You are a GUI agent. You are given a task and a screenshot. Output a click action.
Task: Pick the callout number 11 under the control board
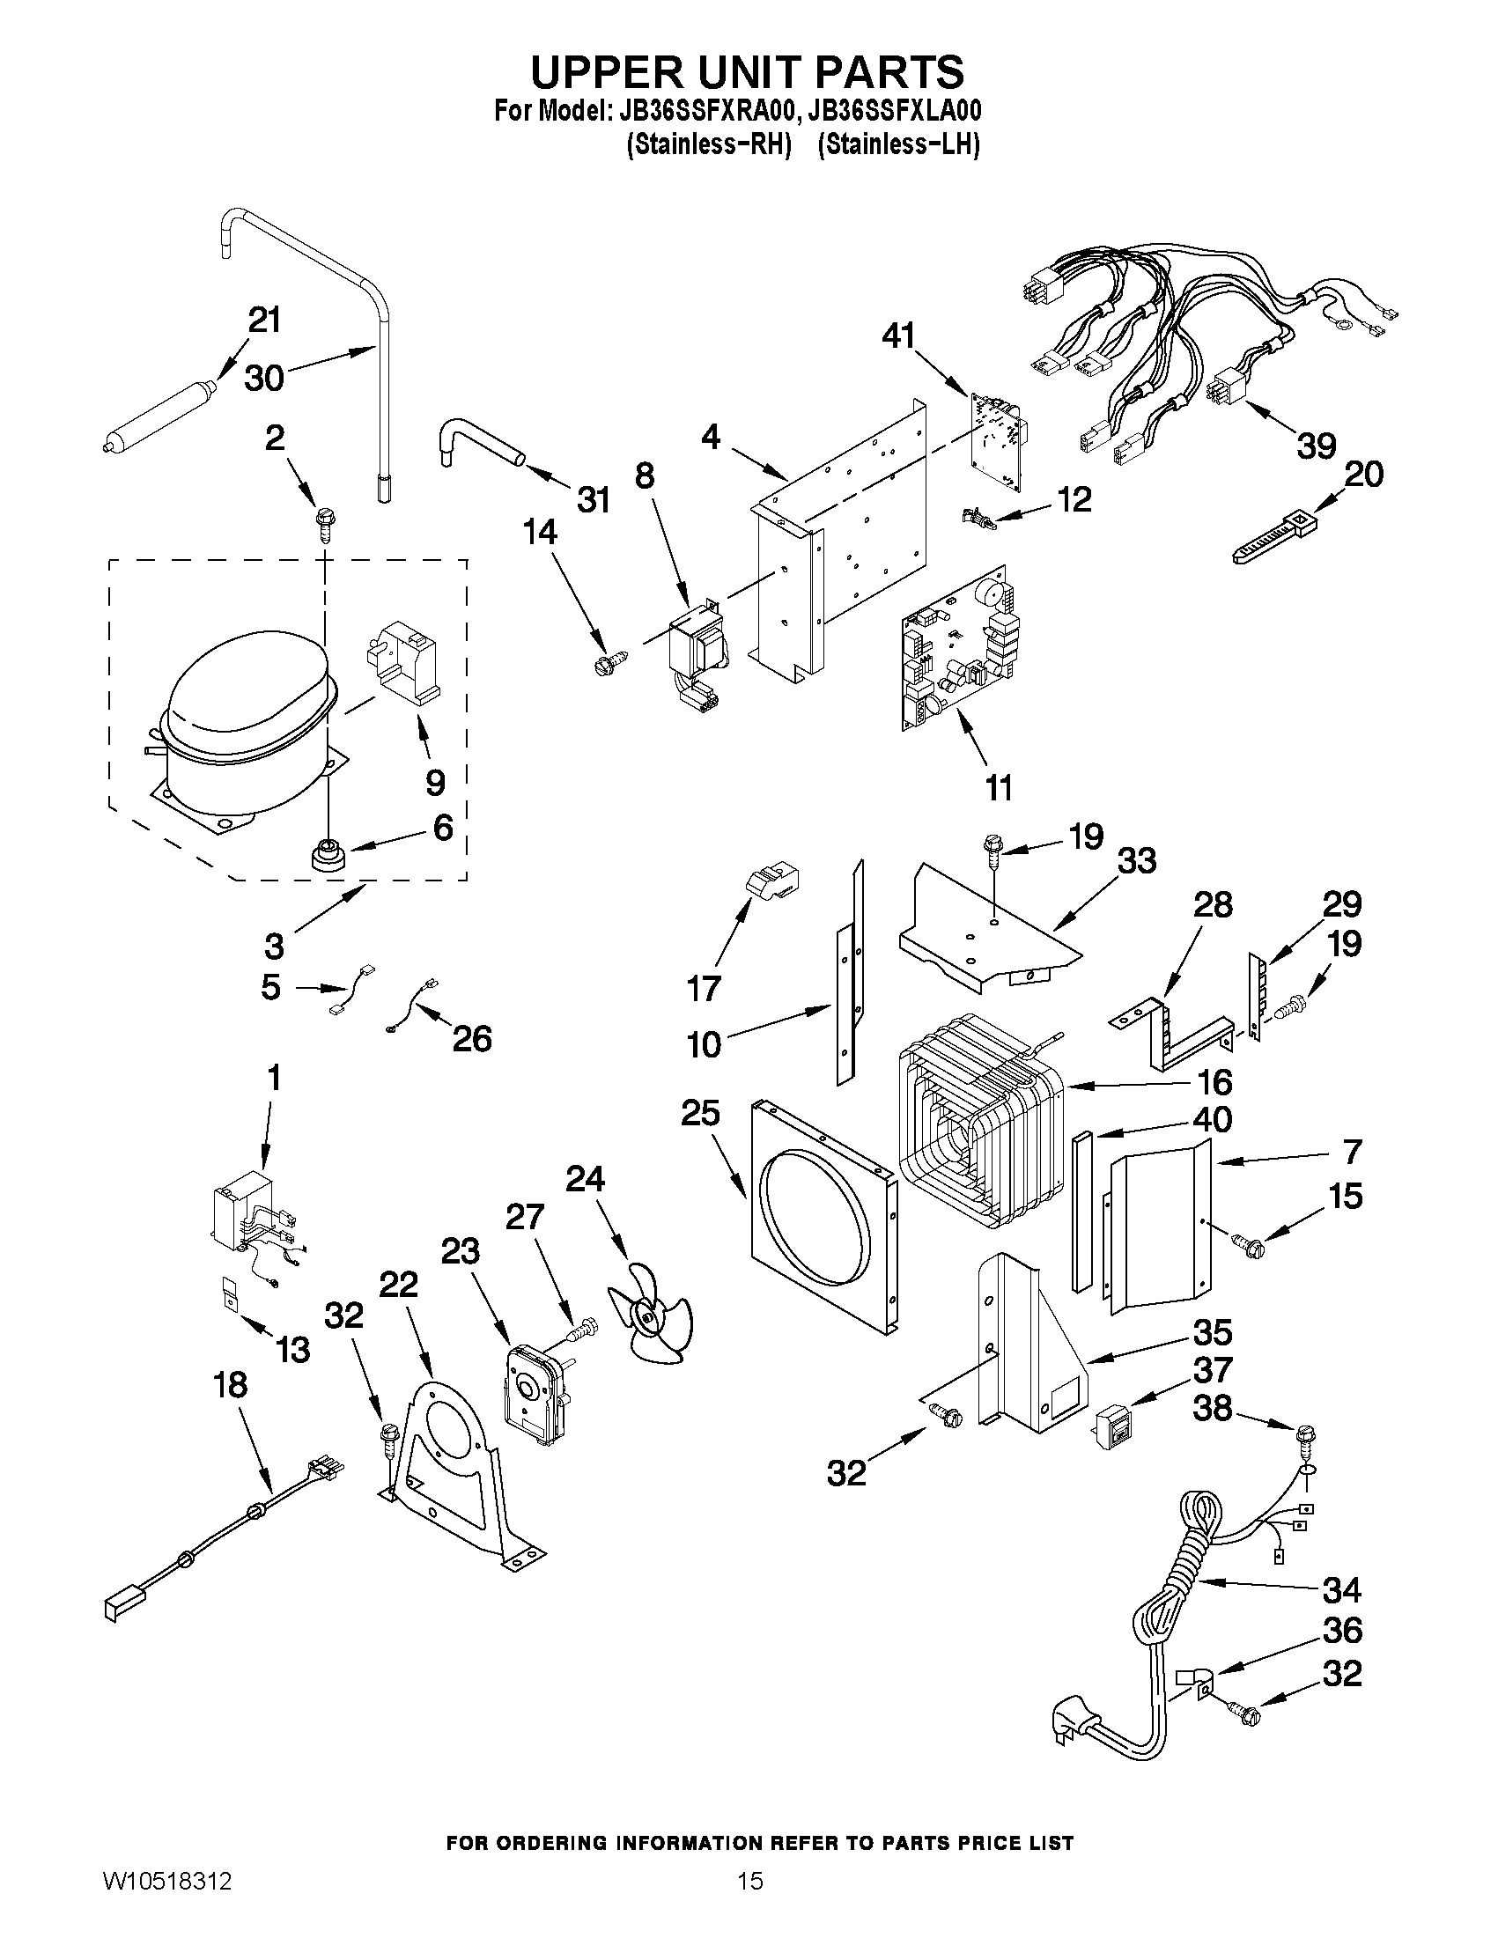pos(1000,787)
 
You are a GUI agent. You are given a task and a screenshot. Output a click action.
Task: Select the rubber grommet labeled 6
pos(326,858)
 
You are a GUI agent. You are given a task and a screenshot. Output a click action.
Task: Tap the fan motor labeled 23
pos(534,1398)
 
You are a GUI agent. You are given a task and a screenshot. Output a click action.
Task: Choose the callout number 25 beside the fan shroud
pos(700,1114)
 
